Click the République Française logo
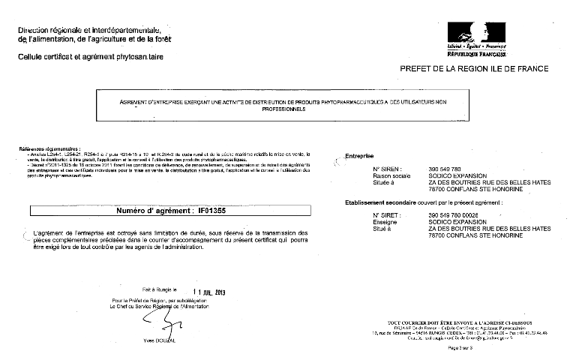476,39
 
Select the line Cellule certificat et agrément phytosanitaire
89,56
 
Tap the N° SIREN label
387,170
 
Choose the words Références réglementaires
45,148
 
